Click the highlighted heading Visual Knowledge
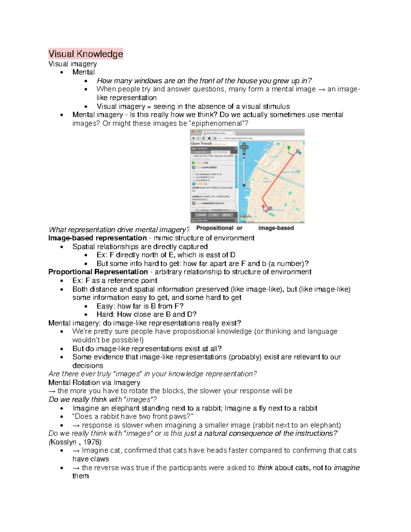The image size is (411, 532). coord(86,54)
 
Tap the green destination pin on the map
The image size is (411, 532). coord(289,148)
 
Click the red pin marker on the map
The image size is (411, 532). coord(263,207)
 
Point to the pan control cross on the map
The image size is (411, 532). coord(244,148)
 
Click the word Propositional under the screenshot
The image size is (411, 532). coord(215,228)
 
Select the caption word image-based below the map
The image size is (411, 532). coord(276,228)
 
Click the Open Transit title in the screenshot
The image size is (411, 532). coord(201,144)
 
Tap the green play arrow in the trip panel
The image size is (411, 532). coord(194,163)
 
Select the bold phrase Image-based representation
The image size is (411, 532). coord(98,238)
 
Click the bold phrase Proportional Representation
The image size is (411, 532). coord(98,272)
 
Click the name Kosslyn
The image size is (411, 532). coord(64,442)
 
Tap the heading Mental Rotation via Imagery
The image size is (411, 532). coord(94,383)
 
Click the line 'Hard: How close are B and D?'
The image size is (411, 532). coord(146,314)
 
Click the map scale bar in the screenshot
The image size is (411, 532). coord(245,217)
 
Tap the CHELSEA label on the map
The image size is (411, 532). coord(267,182)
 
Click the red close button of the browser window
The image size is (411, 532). coord(192,132)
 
